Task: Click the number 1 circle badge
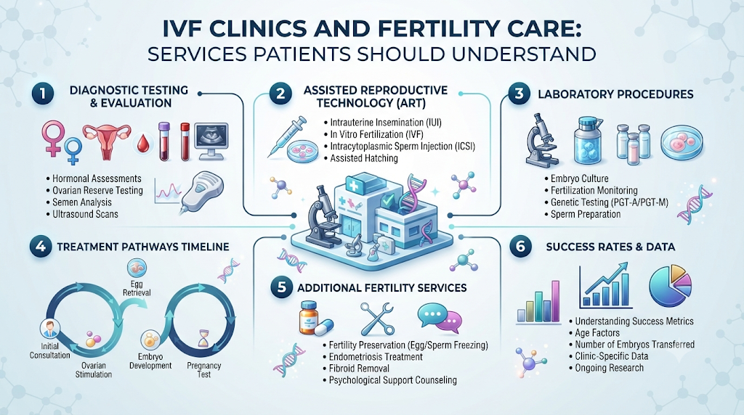pyautogui.click(x=43, y=94)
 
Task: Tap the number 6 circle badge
pyautogui.click(x=520, y=247)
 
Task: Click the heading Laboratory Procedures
pyautogui.click(x=615, y=94)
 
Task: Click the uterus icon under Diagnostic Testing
pyautogui.click(x=107, y=141)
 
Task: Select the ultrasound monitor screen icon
pyautogui.click(x=211, y=140)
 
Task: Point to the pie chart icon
pyautogui.click(x=670, y=286)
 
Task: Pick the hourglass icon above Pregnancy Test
pyautogui.click(x=204, y=340)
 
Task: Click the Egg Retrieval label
pyautogui.click(x=137, y=288)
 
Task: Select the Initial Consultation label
pyautogui.click(x=50, y=350)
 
